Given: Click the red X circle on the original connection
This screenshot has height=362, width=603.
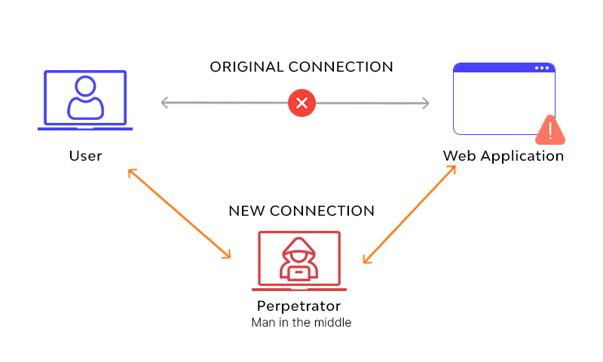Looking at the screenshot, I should [x=301, y=103].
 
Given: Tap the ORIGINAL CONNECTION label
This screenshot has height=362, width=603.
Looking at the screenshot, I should [x=301, y=67].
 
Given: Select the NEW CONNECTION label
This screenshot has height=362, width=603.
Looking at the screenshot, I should [x=301, y=210].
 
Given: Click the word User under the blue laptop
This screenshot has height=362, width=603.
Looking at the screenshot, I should [x=85, y=156].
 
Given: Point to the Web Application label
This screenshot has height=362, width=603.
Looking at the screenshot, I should [x=503, y=156].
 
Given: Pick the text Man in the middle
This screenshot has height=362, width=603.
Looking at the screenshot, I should [x=301, y=323].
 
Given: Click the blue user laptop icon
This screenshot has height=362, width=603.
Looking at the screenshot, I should [x=85, y=101].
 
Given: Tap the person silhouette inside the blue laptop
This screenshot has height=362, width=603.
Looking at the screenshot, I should [x=85, y=97].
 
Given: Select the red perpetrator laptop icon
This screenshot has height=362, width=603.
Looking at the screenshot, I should [x=299, y=261].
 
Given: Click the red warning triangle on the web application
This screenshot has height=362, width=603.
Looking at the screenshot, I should [x=551, y=130].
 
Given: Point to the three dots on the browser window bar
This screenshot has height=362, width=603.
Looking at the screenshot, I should [x=542, y=68].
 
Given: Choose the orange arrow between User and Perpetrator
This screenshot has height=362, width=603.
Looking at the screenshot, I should [x=179, y=214].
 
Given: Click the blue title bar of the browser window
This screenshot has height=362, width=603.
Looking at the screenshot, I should [x=497, y=68].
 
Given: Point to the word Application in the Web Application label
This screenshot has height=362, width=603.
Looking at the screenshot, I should [x=522, y=156].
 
